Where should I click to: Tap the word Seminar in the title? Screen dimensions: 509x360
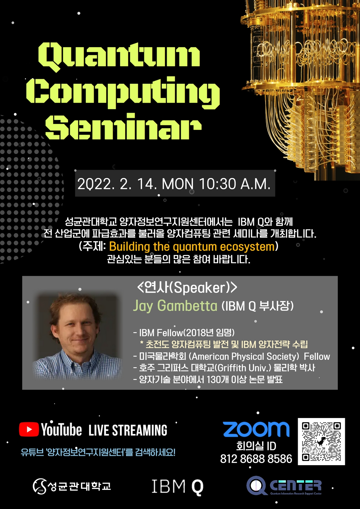[x=123, y=127]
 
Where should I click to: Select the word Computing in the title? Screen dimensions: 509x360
[x=123, y=92]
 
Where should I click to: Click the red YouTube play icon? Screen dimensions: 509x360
[x=29, y=430]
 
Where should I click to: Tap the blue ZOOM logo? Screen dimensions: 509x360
[x=256, y=430]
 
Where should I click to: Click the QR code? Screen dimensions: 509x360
[x=321, y=441]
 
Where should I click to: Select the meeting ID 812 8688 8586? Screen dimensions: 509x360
[x=256, y=459]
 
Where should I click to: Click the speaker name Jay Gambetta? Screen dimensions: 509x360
[x=175, y=306]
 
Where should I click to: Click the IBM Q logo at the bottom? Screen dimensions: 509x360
[x=177, y=487]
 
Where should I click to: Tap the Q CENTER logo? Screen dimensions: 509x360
[x=284, y=486]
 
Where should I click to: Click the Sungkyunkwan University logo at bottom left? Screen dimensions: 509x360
[x=72, y=486]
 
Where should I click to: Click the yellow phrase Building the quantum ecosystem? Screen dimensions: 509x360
[x=192, y=247]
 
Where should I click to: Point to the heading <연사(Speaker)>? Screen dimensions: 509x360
[x=187, y=287]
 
